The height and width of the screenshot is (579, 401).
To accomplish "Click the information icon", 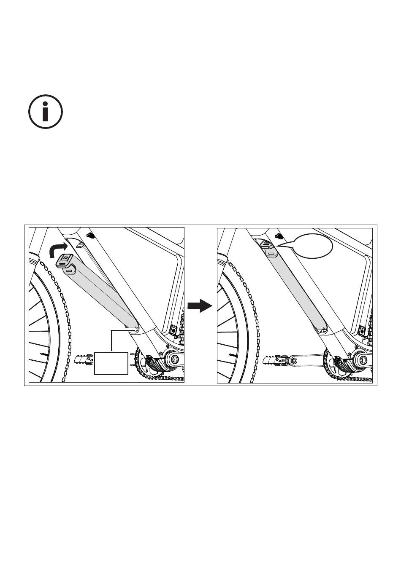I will click(45, 112).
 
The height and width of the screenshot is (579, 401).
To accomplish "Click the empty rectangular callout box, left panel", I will click(111, 363).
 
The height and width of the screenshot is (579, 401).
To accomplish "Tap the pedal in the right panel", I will click(275, 360).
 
